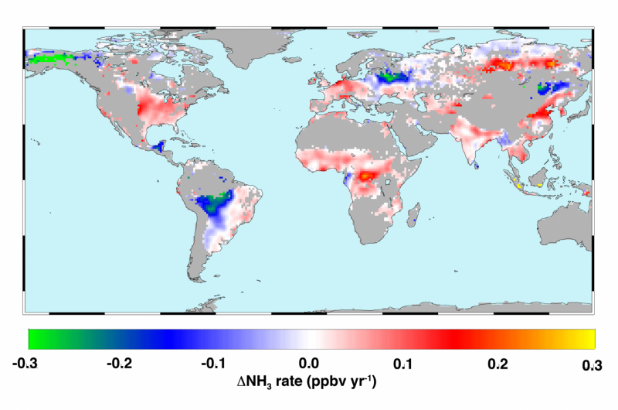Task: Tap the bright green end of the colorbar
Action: [x=35, y=339]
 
